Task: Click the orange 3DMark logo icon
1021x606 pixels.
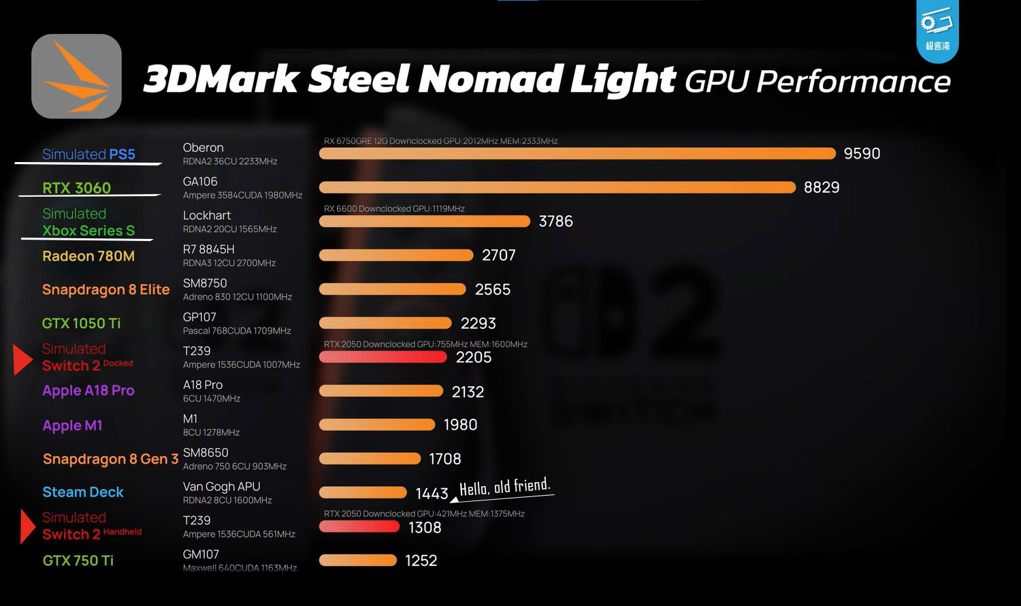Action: (x=76, y=76)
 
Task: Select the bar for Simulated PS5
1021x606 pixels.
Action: (x=577, y=154)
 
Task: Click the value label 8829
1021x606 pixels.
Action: (x=821, y=187)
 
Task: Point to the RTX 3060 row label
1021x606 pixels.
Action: (x=76, y=188)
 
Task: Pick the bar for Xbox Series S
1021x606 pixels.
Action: (x=424, y=221)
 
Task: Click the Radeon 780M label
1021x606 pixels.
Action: (x=88, y=256)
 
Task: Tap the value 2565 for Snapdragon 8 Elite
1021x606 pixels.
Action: (x=492, y=289)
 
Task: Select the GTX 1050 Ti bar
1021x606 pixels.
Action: (x=385, y=323)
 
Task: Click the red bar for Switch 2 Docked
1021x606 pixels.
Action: (x=383, y=357)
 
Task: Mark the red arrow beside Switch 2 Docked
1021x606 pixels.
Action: (x=22, y=359)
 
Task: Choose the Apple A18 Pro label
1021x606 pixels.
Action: (x=88, y=391)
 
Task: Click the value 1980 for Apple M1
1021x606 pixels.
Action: (x=460, y=425)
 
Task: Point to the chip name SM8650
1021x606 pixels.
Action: (x=206, y=453)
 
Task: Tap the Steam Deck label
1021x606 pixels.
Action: (x=83, y=492)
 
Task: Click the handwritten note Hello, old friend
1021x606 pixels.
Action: (x=504, y=488)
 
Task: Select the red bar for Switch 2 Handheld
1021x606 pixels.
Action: (x=359, y=526)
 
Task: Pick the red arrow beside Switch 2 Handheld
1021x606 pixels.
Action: (x=27, y=527)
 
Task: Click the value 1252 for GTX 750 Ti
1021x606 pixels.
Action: (x=421, y=560)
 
